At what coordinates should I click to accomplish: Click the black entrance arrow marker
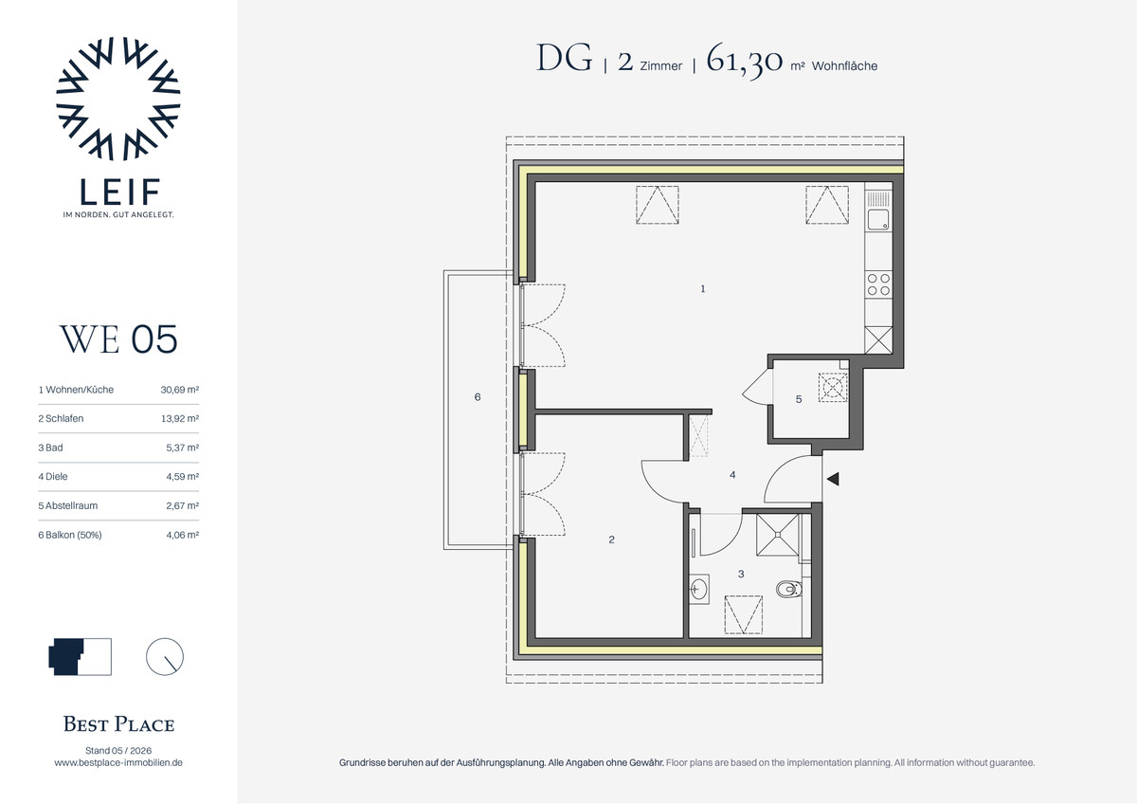(x=833, y=479)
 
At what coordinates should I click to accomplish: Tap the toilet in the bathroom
(x=788, y=589)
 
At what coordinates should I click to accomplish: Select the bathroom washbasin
(x=699, y=589)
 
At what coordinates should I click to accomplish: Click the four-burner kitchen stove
(x=878, y=284)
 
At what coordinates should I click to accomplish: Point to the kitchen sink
(x=878, y=220)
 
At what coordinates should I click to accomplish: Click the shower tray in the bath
(x=777, y=535)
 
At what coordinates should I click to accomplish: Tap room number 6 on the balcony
(x=478, y=397)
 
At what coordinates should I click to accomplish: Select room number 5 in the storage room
(x=799, y=400)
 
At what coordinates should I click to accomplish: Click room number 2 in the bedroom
(x=612, y=539)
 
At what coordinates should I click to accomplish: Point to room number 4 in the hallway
(x=732, y=475)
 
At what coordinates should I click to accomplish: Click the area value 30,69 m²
(x=180, y=390)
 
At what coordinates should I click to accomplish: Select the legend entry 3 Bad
(x=51, y=448)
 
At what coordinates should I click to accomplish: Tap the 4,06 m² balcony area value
(x=182, y=535)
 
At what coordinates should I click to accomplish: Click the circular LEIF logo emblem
(x=118, y=99)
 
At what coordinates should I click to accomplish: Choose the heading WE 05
(x=118, y=339)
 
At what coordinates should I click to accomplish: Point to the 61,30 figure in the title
(x=744, y=60)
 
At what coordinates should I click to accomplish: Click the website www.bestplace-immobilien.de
(x=118, y=762)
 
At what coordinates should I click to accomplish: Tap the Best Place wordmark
(x=118, y=724)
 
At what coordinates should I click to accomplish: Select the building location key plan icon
(x=81, y=657)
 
